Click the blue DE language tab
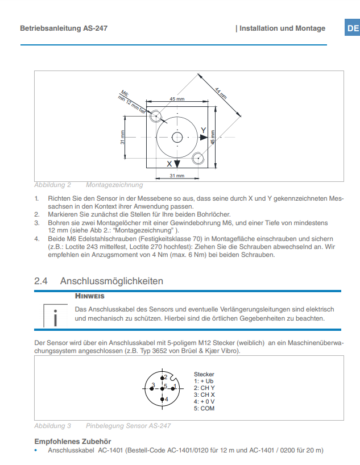tap(352, 28)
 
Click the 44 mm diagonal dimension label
tap(221, 93)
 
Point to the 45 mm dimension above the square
tap(177, 99)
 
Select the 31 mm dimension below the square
tap(177, 176)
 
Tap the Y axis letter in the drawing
tap(203, 131)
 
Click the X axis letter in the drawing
tap(169, 164)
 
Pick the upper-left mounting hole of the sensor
tap(155, 116)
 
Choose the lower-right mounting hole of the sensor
tap(198, 158)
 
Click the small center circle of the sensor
tap(177, 138)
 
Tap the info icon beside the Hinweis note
tap(56, 316)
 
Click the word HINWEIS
tap(90, 296)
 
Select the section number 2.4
tap(40, 281)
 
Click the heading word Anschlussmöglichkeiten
tap(111, 281)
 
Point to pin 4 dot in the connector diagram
tap(162, 399)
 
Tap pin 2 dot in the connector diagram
tap(162, 378)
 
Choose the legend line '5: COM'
tap(204, 408)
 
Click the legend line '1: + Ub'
tap(204, 381)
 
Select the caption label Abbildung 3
tap(52, 426)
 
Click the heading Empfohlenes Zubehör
tap(73, 441)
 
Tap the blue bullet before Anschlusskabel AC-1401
tap(36, 450)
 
